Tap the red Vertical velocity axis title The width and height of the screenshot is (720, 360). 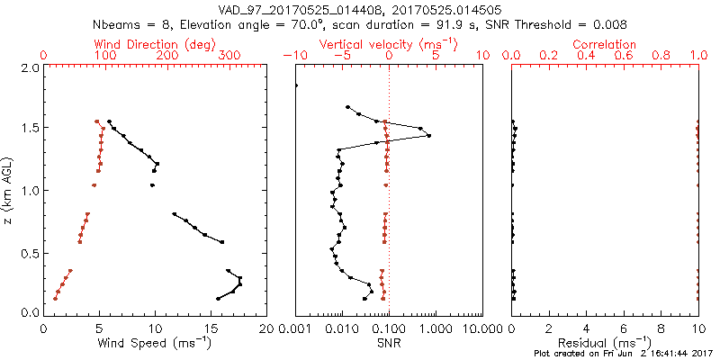pos(389,43)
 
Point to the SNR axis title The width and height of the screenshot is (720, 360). pos(389,343)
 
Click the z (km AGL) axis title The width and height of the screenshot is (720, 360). pos(8,190)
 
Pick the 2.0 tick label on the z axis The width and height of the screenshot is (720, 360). pos(29,67)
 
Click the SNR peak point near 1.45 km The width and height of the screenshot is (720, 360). pos(428,136)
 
